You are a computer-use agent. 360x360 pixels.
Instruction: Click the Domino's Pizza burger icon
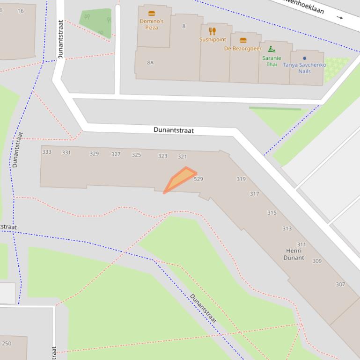point(151,14)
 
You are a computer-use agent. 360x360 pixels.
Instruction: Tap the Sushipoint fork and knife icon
point(213,31)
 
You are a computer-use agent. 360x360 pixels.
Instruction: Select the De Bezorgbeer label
point(242,49)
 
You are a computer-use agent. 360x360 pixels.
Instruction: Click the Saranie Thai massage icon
point(272,49)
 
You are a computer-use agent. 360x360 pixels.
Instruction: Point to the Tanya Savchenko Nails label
point(304,68)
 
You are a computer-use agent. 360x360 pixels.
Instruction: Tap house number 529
point(198,179)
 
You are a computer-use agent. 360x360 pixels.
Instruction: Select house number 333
point(47,152)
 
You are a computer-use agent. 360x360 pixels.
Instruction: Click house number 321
point(182,157)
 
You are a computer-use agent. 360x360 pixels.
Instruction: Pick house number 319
point(241,179)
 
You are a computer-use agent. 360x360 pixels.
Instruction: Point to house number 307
point(340,284)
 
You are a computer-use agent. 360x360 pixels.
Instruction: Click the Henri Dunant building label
point(294,254)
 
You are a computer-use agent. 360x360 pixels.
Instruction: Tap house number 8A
point(150,63)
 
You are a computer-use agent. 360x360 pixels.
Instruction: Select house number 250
point(7,344)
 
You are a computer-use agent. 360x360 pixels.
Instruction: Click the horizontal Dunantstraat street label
point(173,130)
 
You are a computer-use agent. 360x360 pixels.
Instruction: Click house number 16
point(20,11)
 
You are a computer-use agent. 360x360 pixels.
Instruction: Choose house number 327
point(116,154)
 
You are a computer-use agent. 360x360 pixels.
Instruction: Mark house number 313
point(287,229)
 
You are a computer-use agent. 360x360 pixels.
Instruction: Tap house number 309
point(317,261)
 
